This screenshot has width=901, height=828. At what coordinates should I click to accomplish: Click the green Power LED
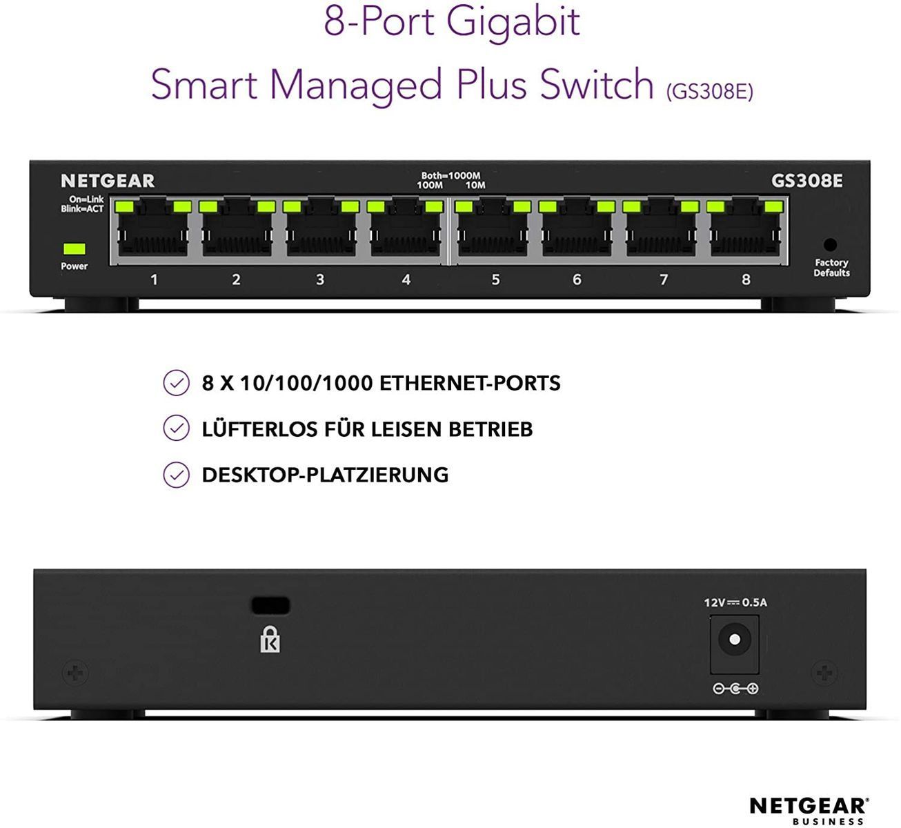pos(75,248)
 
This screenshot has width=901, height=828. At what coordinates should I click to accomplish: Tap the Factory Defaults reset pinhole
pos(830,245)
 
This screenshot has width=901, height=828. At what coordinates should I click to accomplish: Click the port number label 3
pos(320,279)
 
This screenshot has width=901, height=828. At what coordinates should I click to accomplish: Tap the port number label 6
pos(577,279)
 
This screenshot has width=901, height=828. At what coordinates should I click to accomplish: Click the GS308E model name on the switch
pos(806,181)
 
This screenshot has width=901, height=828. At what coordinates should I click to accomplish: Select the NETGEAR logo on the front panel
pos(108,181)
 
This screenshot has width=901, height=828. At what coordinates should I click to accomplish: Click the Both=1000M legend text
pos(450,175)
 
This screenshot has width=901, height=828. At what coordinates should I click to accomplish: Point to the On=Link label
pos(86,199)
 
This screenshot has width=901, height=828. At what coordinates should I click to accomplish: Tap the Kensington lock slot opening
pos(270,606)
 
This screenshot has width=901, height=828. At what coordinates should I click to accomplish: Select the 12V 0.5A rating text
pos(735,602)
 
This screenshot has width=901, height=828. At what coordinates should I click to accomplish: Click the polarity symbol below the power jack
pos(735,689)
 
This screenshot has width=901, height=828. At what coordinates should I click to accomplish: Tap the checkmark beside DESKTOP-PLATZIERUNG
pos(176,475)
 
